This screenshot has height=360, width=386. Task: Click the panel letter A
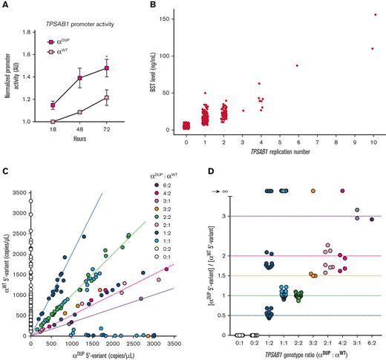(x=6, y=5)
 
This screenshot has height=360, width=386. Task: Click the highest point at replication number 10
(x=375, y=15)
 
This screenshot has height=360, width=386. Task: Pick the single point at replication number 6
(x=296, y=66)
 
